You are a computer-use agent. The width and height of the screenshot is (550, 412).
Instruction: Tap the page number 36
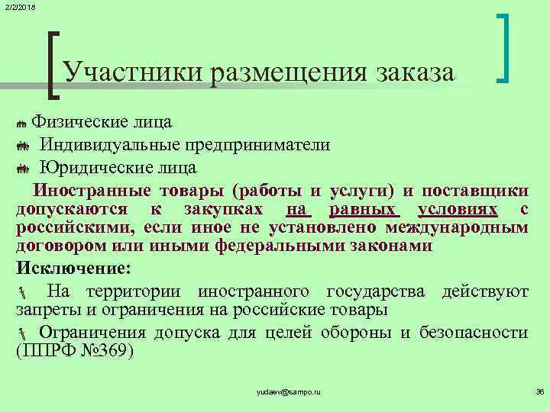(x=539, y=391)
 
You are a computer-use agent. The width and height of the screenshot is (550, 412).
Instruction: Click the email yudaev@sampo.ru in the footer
(x=290, y=391)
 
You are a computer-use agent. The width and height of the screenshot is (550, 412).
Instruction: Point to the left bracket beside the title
(x=53, y=65)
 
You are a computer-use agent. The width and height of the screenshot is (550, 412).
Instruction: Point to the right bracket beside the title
(x=505, y=48)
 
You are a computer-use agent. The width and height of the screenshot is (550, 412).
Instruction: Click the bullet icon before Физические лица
(x=21, y=124)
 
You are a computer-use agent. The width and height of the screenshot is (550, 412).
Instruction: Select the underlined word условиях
(x=458, y=209)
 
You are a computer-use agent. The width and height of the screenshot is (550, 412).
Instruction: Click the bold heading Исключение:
(x=73, y=268)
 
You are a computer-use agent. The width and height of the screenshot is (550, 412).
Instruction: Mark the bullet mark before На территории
(x=21, y=292)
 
